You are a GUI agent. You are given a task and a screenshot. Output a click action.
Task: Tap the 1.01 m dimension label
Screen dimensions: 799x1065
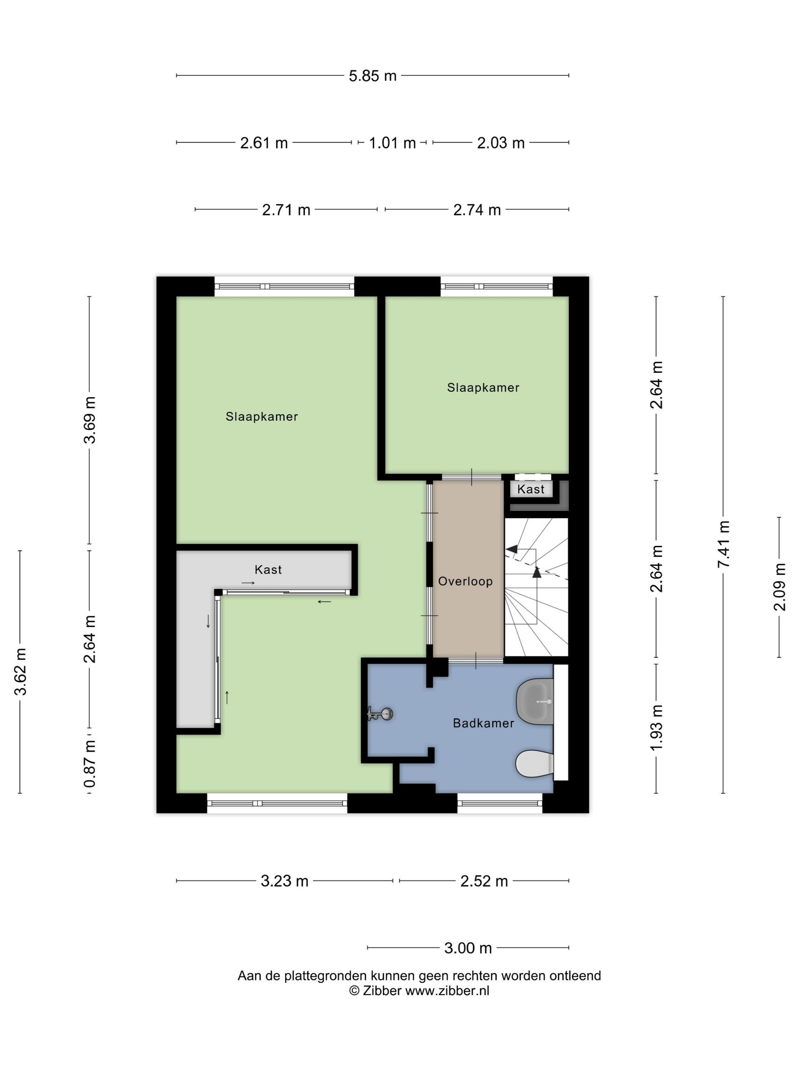click(x=392, y=143)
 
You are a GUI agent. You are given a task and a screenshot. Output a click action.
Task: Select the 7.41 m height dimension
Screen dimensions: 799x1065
click(x=723, y=544)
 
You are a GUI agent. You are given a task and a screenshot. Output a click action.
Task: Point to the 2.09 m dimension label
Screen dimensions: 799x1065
click(x=779, y=587)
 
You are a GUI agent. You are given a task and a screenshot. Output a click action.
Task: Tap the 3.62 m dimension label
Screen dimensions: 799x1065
click(x=20, y=672)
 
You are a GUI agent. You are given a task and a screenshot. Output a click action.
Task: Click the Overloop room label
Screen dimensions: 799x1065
click(x=465, y=581)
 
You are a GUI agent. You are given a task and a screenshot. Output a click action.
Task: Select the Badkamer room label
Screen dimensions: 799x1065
click(x=484, y=723)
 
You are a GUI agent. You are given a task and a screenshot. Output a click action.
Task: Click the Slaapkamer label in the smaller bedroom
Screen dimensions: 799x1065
click(x=483, y=388)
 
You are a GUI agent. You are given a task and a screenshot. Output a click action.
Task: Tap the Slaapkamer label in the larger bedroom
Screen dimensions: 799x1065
click(x=261, y=416)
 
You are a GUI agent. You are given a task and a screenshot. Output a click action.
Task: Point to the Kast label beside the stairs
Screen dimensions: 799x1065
click(x=531, y=489)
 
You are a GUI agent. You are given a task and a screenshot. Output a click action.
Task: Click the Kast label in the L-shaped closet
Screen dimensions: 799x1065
click(x=268, y=569)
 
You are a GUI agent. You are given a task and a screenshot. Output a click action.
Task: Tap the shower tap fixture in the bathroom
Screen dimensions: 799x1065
click(x=380, y=714)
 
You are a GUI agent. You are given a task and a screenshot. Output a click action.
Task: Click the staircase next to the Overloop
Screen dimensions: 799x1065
click(x=536, y=587)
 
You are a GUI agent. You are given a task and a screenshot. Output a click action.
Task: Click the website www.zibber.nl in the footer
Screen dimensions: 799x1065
click(x=447, y=990)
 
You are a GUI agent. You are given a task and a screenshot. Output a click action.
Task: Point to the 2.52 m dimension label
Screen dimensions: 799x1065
click(x=484, y=881)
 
